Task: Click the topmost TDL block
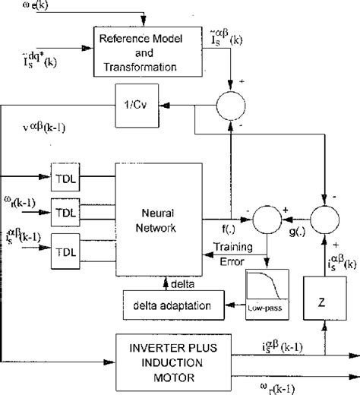point(66,179)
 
